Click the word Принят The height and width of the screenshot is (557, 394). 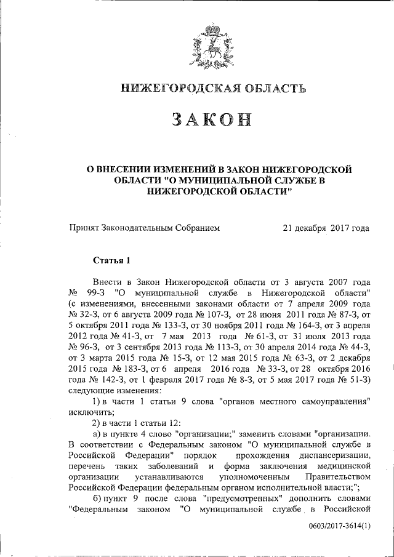[x=83, y=228]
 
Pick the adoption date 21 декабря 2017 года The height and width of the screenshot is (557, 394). [x=326, y=228]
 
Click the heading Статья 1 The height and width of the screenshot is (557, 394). [x=111, y=260]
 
